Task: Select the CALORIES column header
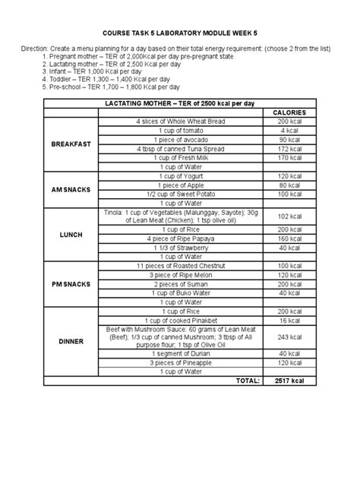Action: tap(288, 112)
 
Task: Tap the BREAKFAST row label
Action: tap(70, 144)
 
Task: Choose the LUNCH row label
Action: tap(70, 235)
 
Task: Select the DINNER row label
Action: tap(70, 342)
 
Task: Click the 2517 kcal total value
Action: tap(288, 381)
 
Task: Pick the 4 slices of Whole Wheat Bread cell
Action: tap(179, 122)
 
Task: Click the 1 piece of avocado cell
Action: tap(179, 140)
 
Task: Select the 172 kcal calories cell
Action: tap(288, 149)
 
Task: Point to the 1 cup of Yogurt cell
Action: tap(179, 175)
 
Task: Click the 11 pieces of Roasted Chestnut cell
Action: tap(179, 265)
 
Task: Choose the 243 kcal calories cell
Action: tap(288, 337)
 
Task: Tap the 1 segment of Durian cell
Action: tap(179, 353)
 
